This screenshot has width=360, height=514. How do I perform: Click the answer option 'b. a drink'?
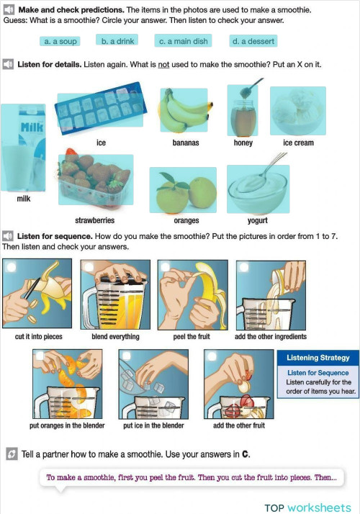(x=117, y=40)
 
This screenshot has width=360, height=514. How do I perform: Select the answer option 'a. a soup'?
(x=60, y=41)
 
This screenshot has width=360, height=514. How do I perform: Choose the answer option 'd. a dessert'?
(x=253, y=41)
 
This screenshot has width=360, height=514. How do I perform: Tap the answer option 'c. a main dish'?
(x=183, y=40)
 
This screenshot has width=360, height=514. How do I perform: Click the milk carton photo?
(x=23, y=148)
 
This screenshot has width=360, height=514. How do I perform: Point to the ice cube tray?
(x=101, y=109)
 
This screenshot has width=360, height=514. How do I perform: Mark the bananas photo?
(x=184, y=110)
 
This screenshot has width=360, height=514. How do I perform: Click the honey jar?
(x=243, y=110)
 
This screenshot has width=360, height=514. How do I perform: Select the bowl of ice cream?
(x=297, y=111)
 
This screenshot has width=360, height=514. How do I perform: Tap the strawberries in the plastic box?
(x=96, y=179)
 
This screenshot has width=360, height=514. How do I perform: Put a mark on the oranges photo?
(x=183, y=190)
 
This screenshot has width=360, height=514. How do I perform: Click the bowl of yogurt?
(x=258, y=187)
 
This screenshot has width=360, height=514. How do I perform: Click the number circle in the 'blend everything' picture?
(x=88, y=267)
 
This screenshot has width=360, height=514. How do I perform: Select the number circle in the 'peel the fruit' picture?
(x=166, y=266)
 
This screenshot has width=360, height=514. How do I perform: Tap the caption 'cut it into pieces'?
(x=38, y=337)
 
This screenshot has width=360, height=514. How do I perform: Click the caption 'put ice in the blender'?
(x=153, y=425)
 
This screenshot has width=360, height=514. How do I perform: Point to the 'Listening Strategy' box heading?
(x=318, y=358)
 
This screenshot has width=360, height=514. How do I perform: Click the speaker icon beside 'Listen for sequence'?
(x=8, y=236)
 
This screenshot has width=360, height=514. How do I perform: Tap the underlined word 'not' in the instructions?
(x=163, y=65)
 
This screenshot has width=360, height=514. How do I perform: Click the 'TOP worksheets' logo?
(x=307, y=508)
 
